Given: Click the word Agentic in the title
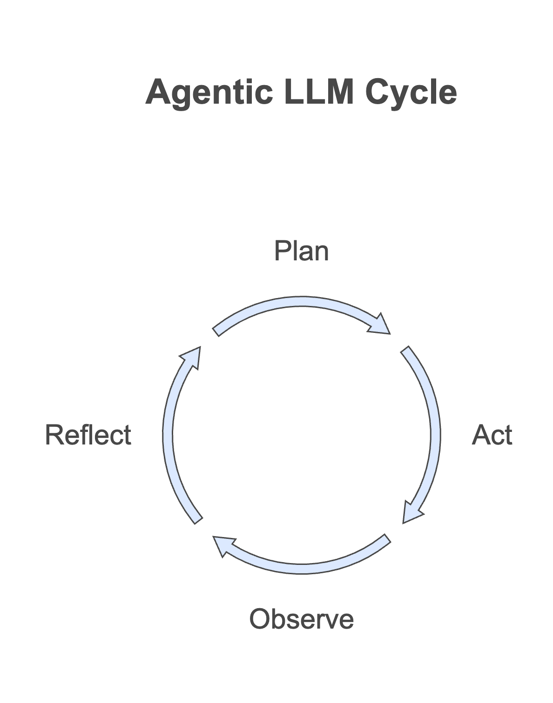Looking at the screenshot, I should tap(209, 93).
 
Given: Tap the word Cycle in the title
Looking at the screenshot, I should tap(411, 93).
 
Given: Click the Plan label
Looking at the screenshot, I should tap(301, 251).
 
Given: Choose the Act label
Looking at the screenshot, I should tap(492, 435).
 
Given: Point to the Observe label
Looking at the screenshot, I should tap(302, 619).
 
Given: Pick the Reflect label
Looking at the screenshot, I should tap(88, 435).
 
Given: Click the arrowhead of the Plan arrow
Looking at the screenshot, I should tap(380, 325).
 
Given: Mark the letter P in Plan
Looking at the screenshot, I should tap(281, 251).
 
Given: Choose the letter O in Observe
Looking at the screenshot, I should tap(259, 619).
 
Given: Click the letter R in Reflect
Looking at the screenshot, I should tap(54, 435).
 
